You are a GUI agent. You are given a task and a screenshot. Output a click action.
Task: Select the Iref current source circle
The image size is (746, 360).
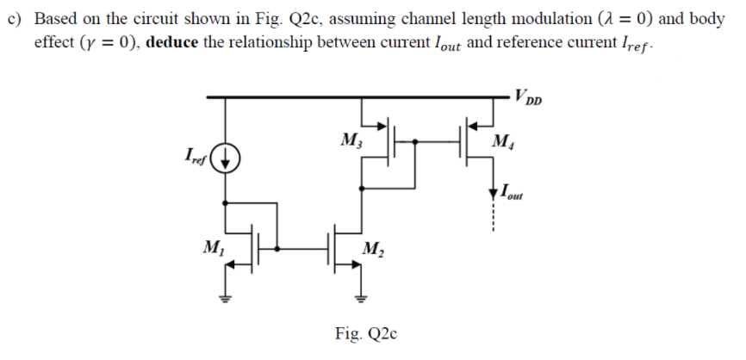click(226, 158)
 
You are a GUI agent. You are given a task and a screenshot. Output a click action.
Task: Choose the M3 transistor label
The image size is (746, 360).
click(351, 140)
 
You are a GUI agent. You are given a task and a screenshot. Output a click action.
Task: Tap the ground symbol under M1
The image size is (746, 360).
click(226, 298)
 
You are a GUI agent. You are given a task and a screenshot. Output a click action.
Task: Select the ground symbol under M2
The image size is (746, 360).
click(361, 298)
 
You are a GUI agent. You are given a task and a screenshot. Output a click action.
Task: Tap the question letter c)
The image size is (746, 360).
click(15, 19)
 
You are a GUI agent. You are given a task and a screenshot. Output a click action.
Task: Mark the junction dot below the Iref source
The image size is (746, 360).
click(226, 202)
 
